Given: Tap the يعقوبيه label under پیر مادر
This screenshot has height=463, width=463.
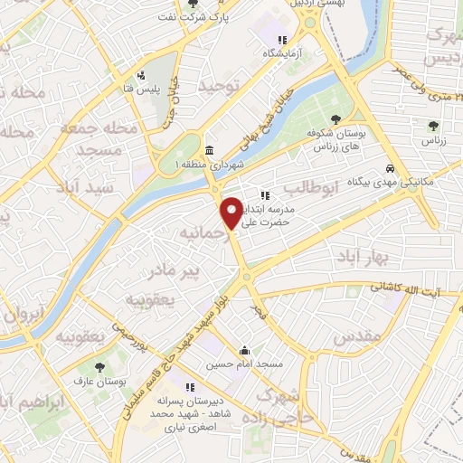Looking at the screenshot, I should coord(148,298).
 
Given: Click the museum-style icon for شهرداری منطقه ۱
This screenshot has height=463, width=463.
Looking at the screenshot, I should coord(210,150).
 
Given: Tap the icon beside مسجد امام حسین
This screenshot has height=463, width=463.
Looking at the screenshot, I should coord(244,351).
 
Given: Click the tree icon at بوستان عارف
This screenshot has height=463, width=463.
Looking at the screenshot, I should coord(100,367).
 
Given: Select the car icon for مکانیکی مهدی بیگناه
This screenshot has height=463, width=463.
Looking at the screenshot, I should coord(389,168).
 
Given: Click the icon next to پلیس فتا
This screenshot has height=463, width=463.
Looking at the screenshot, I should coord(140,75).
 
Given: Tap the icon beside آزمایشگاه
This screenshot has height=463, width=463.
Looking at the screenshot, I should coord(283,40).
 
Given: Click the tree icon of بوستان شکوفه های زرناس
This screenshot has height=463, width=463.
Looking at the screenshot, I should coord(335,119).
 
